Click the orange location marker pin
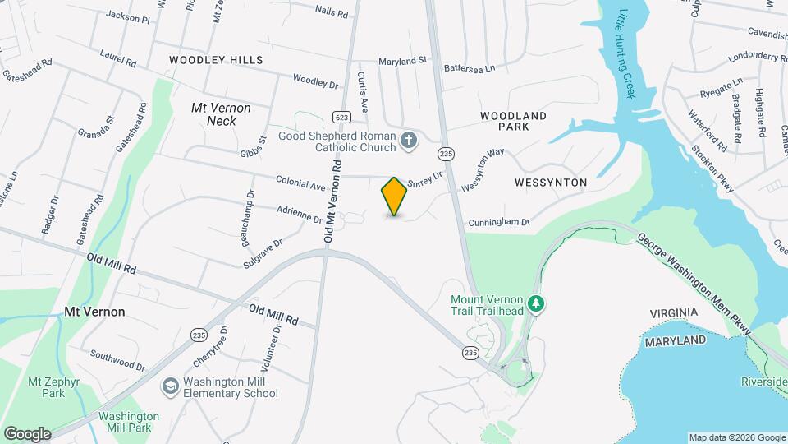coord(394,197)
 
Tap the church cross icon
coord(409,141)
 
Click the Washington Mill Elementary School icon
coord(170,386)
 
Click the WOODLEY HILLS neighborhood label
coord(216,60)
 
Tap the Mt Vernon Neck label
coord(221,114)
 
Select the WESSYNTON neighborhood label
coord(551,182)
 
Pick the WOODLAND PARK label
coord(513,122)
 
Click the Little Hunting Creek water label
coord(627,53)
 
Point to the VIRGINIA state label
coord(673,313)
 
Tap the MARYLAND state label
coord(675,340)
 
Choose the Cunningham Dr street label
coord(499,223)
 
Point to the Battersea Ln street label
coord(470,70)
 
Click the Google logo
coord(27,434)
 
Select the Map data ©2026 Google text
coord(736,437)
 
